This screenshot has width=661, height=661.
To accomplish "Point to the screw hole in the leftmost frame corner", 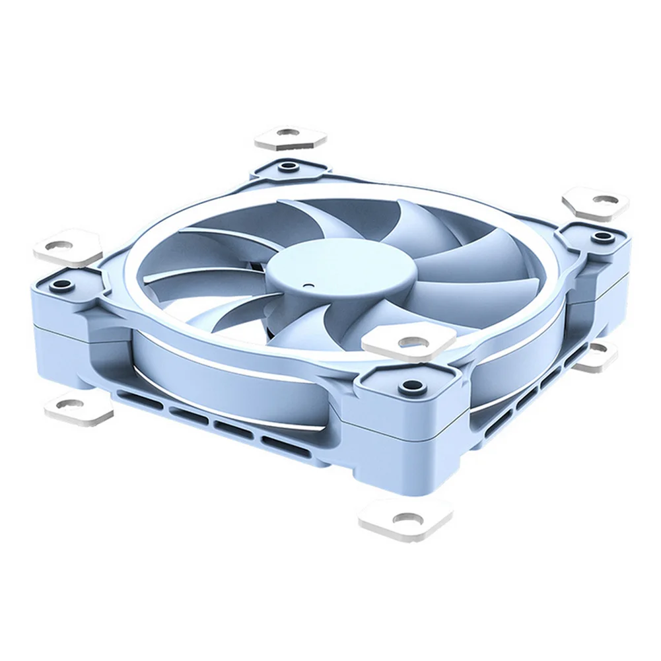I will (x=61, y=286).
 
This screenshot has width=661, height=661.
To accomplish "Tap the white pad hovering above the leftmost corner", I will (x=68, y=246).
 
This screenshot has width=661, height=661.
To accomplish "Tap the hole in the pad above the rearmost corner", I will (x=285, y=134).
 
